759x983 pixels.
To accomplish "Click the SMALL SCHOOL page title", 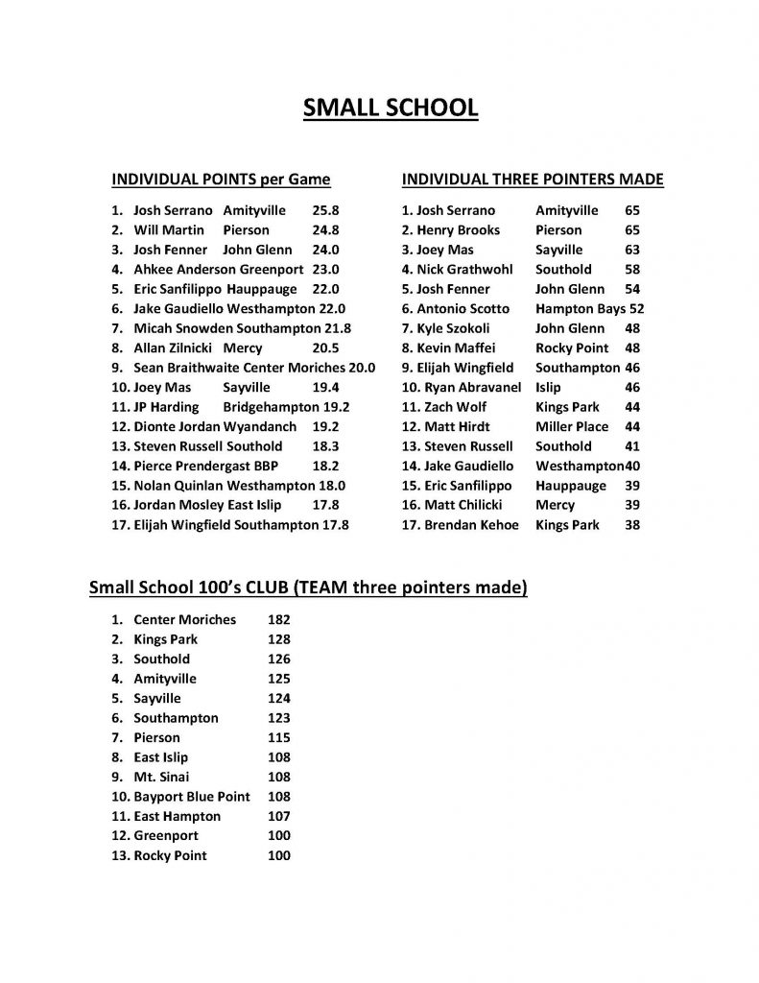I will point(390,108).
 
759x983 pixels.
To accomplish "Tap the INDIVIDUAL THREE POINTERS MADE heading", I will point(533,180).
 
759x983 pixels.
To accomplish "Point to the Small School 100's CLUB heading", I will point(308,587).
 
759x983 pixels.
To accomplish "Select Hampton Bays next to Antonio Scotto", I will point(580,309).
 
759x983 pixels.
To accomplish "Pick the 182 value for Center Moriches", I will point(277,620).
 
